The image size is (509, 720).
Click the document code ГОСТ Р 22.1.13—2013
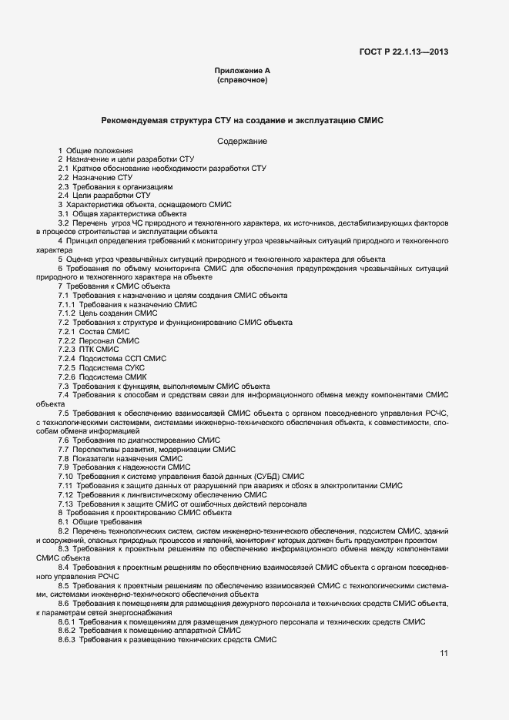[x=404, y=52]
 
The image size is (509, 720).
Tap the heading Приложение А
[x=242, y=71]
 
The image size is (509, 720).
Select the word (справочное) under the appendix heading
[x=242, y=80]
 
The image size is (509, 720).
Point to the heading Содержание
[x=242, y=141]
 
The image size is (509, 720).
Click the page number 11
[x=444, y=654]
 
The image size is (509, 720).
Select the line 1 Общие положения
[x=95, y=150]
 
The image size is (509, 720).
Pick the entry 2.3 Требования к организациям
[x=116, y=186]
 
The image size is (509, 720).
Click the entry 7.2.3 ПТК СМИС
[x=89, y=350]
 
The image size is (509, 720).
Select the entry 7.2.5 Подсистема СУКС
[x=101, y=367]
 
